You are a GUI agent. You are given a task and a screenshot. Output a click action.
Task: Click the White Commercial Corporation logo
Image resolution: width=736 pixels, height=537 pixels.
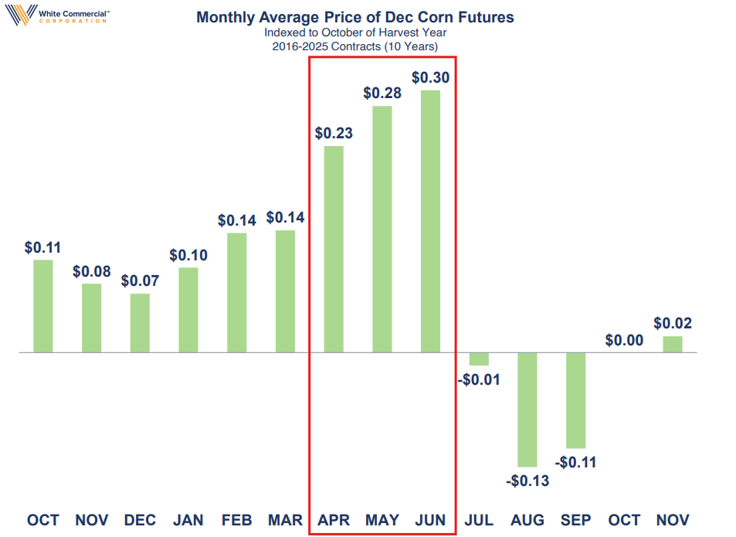point(57,15)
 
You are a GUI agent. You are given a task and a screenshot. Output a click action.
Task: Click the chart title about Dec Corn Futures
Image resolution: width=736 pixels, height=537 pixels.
point(354,17)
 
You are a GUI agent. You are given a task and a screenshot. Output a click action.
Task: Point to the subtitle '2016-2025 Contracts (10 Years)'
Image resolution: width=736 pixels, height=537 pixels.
point(354,46)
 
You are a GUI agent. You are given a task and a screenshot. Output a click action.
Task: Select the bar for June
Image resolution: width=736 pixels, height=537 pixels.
point(430,221)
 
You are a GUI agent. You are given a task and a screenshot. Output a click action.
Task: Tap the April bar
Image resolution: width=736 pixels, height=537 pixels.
point(334,250)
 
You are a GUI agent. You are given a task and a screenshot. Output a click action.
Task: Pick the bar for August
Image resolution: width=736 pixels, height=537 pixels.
point(527,410)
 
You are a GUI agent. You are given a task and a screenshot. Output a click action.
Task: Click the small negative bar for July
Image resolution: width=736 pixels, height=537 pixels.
point(479,359)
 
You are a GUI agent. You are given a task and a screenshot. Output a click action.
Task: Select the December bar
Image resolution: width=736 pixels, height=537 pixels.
point(140,323)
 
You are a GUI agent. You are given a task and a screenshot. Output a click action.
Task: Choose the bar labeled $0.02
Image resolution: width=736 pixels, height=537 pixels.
point(673,344)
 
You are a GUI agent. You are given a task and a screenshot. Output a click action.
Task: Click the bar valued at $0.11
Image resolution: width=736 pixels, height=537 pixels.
point(43,306)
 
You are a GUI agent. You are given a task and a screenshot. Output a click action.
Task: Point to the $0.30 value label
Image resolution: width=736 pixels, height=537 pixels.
point(430,77)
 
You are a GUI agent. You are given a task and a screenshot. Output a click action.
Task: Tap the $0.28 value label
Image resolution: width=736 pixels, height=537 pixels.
point(382,93)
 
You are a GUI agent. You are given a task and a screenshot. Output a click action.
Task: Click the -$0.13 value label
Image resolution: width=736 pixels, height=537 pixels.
point(527,481)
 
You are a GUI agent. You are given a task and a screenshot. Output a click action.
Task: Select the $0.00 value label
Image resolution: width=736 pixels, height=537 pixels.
point(624,340)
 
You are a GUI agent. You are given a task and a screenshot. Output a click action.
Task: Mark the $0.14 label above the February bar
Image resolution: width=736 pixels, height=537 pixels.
point(236,220)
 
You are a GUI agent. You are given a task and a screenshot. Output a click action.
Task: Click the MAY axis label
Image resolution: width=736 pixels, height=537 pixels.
point(382,520)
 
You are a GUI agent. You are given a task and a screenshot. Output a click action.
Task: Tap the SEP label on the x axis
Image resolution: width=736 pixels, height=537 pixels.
point(575,520)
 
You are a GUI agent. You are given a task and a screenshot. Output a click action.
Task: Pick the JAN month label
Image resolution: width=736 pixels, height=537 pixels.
point(188,520)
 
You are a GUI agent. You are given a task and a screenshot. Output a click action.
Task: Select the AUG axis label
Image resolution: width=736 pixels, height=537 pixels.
point(527,520)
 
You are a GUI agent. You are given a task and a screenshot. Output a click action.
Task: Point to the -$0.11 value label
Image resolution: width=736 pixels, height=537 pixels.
point(575,462)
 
